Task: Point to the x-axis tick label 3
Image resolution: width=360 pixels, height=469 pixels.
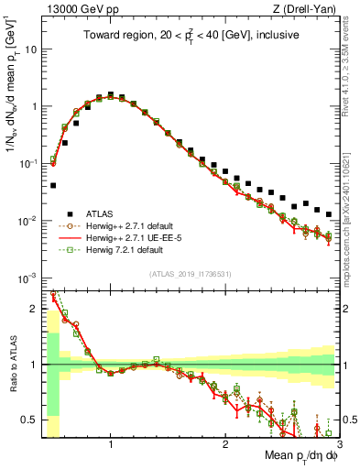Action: point(338,443)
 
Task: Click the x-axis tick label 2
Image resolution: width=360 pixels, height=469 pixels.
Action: point(224,443)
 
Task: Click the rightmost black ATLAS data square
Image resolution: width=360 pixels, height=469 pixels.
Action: point(329,214)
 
